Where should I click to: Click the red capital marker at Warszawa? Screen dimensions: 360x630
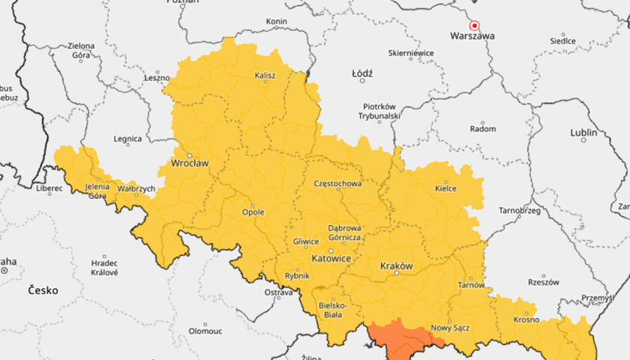474,25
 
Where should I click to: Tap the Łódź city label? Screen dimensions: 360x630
362,73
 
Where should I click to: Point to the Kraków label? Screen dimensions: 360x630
397,266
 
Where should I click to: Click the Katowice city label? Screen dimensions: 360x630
331,258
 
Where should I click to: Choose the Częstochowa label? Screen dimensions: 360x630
338,183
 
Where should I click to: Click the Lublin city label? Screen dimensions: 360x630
583,133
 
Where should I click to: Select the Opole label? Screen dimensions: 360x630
253,212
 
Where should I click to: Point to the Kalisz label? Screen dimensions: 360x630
265,76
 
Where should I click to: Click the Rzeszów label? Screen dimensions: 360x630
544,283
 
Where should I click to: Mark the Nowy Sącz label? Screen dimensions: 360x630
450,328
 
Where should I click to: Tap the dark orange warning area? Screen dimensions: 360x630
401,337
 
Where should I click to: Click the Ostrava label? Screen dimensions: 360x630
278,292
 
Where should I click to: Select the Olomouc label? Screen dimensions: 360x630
205,330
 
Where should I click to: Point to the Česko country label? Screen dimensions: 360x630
43,289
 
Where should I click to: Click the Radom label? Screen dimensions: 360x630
482,129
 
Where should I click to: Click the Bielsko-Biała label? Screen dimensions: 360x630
331,310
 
